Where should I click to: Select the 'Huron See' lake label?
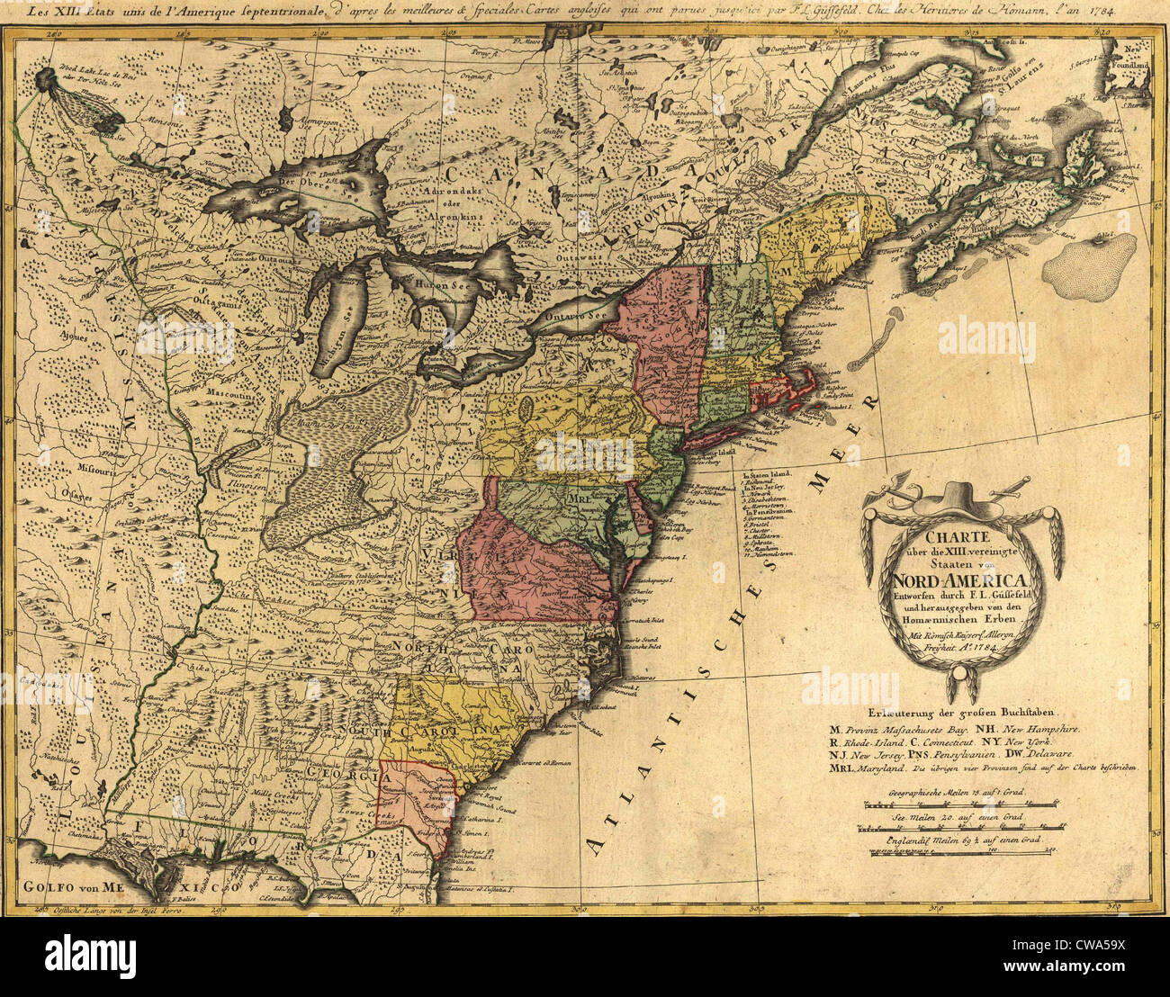point(437,282)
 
